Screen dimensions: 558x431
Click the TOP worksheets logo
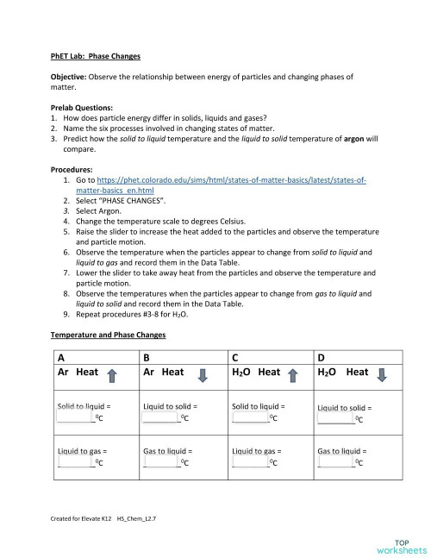[401, 542]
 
